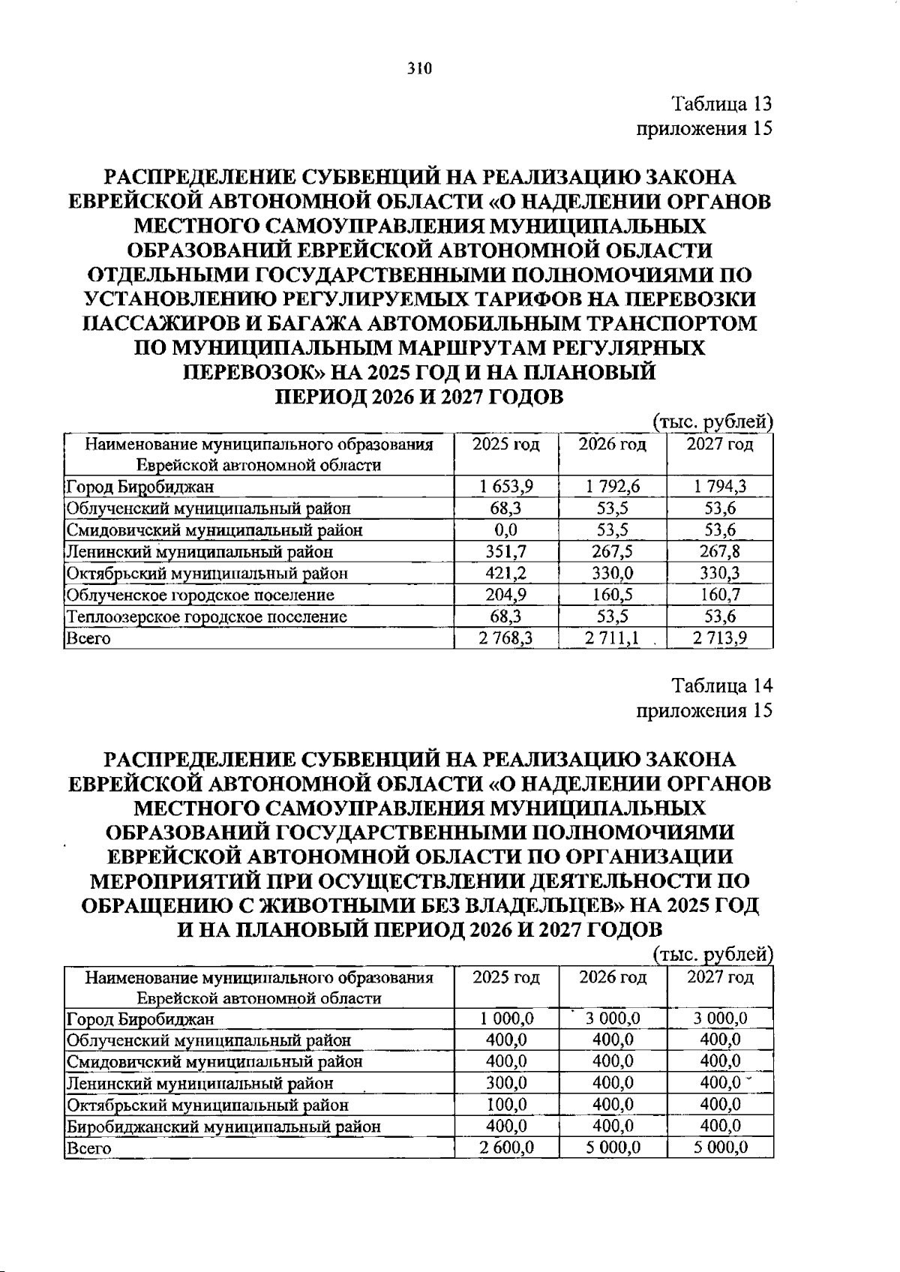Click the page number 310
coord(420,70)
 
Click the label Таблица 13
coord(721,103)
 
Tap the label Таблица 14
coord(721,685)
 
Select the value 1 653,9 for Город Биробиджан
coord(506,487)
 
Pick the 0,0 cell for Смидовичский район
coord(506,530)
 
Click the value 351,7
coord(506,552)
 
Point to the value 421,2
coord(506,574)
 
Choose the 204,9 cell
coord(506,595)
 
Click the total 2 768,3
coord(506,638)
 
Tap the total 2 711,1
coord(612,638)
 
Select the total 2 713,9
coord(719,638)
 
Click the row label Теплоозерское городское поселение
coord(207,617)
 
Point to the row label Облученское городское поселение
coord(200,595)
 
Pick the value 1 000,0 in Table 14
coord(506,1018)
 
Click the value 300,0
coord(506,1083)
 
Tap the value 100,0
coord(506,1105)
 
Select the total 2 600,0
coord(506,1147)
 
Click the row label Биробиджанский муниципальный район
coord(223,1126)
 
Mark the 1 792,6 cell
coord(612,487)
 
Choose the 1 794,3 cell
coord(719,487)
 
